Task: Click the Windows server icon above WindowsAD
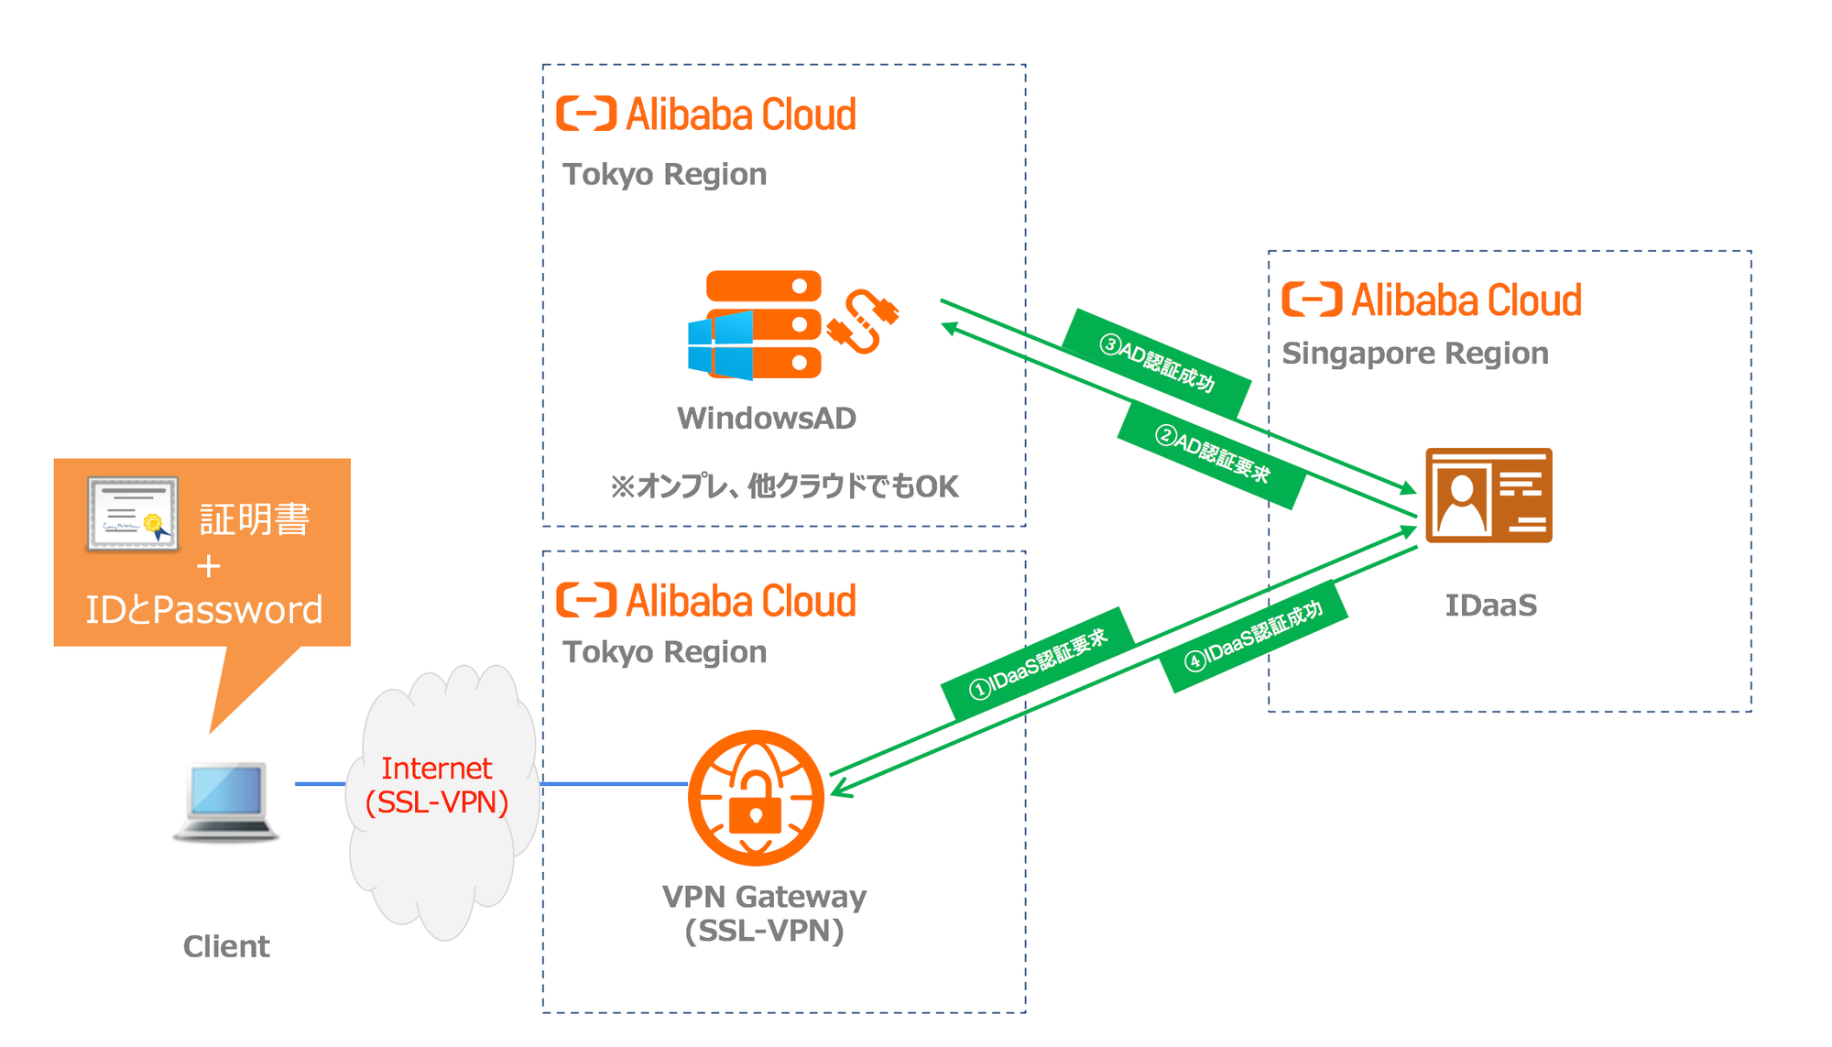pyautogui.click(x=755, y=325)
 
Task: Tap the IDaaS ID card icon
pyautogui.click(x=1488, y=495)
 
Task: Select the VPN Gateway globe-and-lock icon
pyautogui.click(x=756, y=798)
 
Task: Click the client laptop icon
pyautogui.click(x=226, y=801)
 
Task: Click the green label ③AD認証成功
pyautogui.click(x=1157, y=363)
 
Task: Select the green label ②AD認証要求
pyautogui.click(x=1211, y=454)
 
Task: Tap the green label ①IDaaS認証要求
pyautogui.click(x=1039, y=664)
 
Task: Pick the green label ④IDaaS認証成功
pyautogui.click(x=1254, y=637)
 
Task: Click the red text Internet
pyautogui.click(x=437, y=768)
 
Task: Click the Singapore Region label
pyautogui.click(x=1414, y=354)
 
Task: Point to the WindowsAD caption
pyautogui.click(x=766, y=419)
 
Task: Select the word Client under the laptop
pyautogui.click(x=226, y=946)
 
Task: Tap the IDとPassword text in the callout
pyautogui.click(x=204, y=610)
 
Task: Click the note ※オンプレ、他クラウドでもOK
pyautogui.click(x=784, y=485)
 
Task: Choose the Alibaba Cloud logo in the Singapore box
pyautogui.click(x=1431, y=300)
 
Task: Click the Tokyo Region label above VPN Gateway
pyautogui.click(x=664, y=652)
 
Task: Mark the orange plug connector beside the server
pyautogui.click(x=863, y=322)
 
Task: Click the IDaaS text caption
pyautogui.click(x=1490, y=605)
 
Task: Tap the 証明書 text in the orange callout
pyautogui.click(x=255, y=519)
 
